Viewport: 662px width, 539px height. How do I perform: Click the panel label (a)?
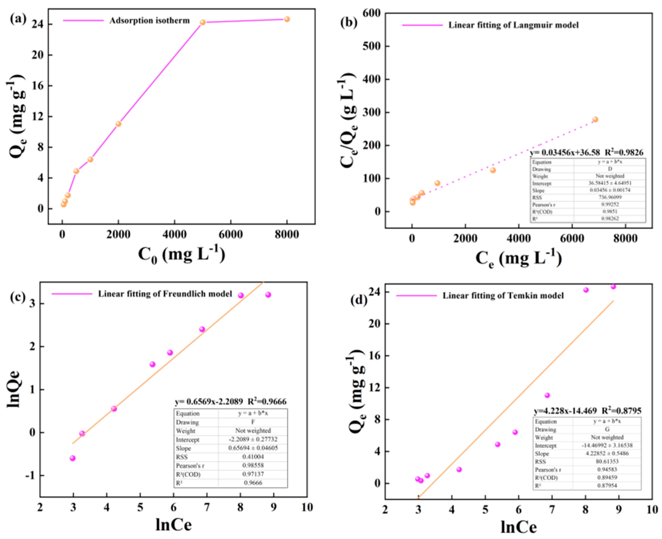18,19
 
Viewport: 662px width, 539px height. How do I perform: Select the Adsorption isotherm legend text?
149,20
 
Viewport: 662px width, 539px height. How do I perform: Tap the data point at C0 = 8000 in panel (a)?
287,19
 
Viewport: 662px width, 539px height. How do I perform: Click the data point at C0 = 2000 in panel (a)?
118,124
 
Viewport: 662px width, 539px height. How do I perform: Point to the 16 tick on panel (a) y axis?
37,86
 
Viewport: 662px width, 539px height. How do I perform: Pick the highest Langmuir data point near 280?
595,119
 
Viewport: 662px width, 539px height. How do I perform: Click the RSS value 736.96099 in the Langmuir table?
610,197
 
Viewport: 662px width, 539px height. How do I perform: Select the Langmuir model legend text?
513,25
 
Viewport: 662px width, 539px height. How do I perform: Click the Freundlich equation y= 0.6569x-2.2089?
209,402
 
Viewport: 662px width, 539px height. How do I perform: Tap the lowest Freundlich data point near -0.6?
73,458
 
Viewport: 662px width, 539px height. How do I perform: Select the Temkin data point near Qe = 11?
547,395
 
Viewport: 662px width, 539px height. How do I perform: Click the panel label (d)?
359,300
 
